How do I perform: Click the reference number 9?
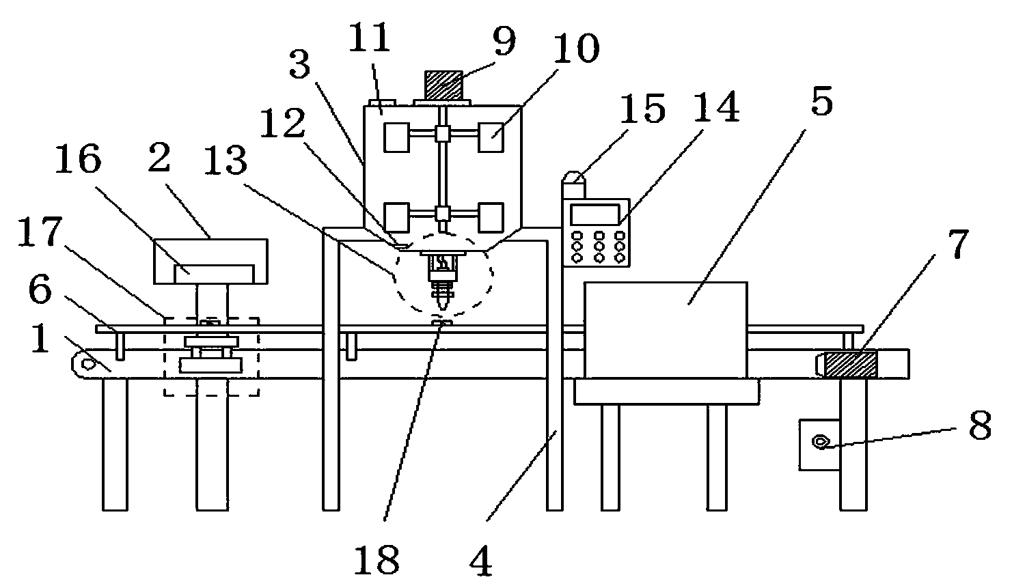pos(504,41)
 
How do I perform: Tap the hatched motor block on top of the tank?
pos(443,86)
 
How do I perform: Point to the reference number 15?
pos(642,108)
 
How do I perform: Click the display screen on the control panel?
pos(595,214)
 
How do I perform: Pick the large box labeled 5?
pos(666,330)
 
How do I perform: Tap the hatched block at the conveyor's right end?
pos(850,365)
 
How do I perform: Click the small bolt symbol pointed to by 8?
pos(821,441)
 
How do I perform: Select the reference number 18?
pos(377,559)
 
